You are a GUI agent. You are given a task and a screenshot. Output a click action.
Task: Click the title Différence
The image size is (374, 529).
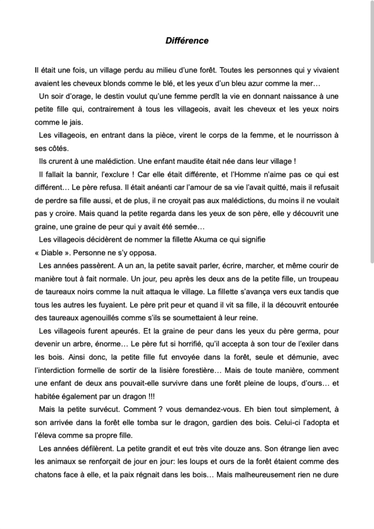[x=187, y=40]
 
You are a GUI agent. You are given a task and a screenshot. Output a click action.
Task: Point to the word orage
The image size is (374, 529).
[x=83, y=96]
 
